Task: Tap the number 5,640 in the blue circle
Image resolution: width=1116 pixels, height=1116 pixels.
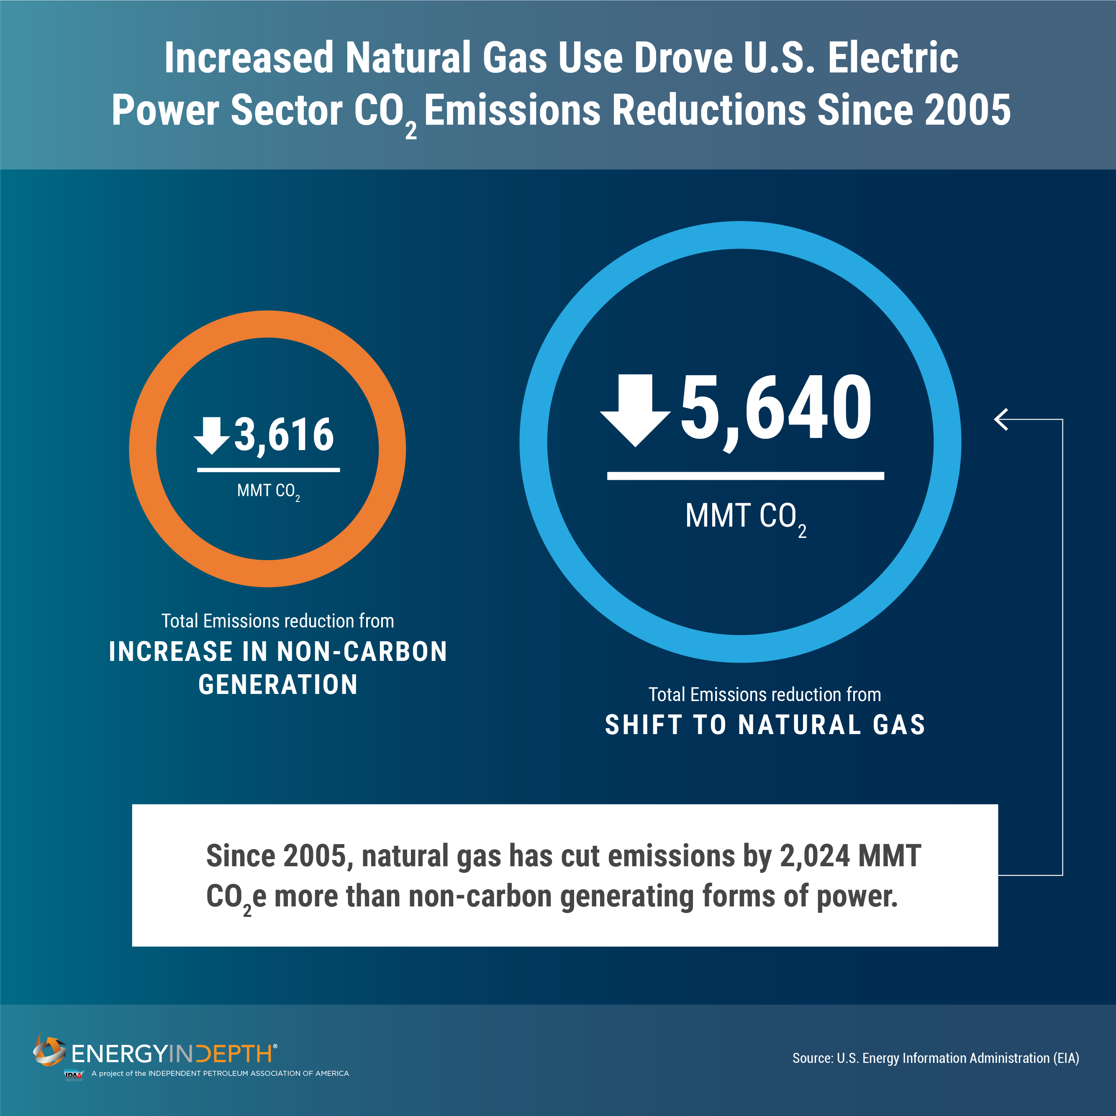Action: point(776,408)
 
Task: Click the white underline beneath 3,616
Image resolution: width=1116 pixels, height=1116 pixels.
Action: point(268,470)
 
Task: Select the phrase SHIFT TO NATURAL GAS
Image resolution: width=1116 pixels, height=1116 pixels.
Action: point(765,725)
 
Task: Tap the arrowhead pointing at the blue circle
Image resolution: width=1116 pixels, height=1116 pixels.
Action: point(1001,420)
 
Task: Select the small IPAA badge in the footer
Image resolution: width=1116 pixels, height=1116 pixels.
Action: point(73,1075)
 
